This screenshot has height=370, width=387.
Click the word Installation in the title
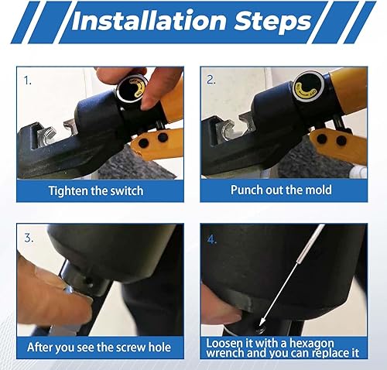pyautogui.click(x=149, y=21)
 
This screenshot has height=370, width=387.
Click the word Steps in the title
pyautogui.click(x=272, y=22)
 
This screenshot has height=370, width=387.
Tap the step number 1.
pyautogui.click(x=27, y=81)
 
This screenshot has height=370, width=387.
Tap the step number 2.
pyautogui.click(x=211, y=80)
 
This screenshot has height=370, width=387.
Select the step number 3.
pyautogui.click(x=29, y=238)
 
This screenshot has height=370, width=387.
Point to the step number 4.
pyautogui.click(x=212, y=240)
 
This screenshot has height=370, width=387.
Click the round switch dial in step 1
pyautogui.click(x=132, y=87)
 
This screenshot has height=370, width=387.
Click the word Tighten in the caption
pyautogui.click(x=68, y=191)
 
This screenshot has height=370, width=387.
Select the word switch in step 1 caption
pyautogui.click(x=127, y=191)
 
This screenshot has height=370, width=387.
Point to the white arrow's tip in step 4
pyautogui.click(x=259, y=326)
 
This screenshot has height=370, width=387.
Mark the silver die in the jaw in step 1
pyautogui.click(x=46, y=133)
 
